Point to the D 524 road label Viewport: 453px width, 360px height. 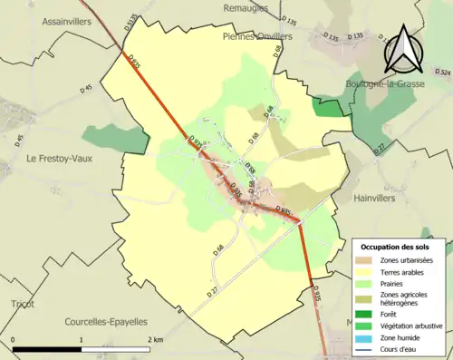click(x=442, y=71)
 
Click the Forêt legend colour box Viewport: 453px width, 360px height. click(x=362, y=316)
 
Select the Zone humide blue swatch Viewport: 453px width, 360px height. click(x=362, y=339)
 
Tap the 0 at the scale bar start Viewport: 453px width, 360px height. click(x=14, y=339)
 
